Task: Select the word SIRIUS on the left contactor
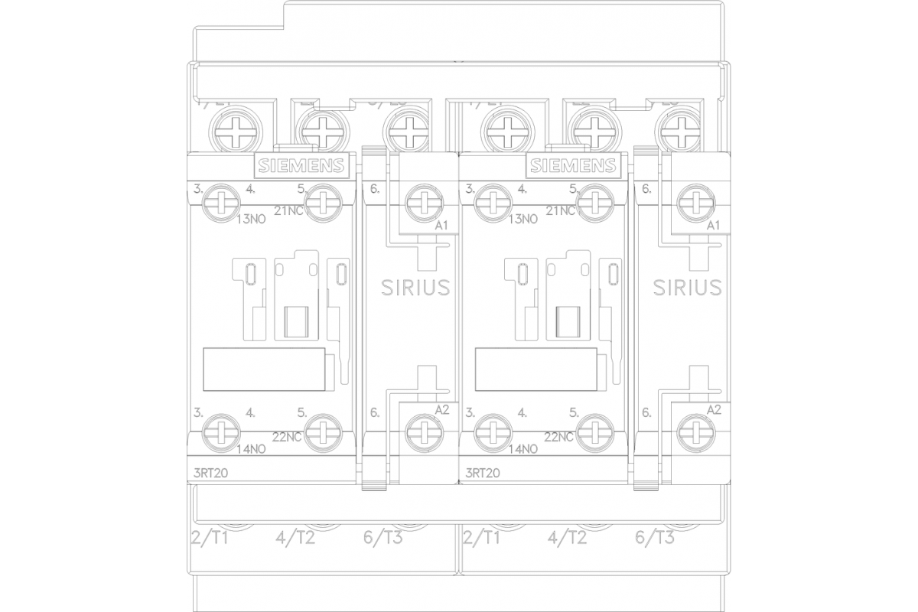click(x=415, y=287)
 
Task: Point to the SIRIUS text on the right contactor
click(x=687, y=287)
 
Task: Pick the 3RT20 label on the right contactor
click(x=482, y=473)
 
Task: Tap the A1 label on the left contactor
click(x=441, y=225)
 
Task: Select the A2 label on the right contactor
click(x=713, y=410)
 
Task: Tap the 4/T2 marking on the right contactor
click(x=567, y=538)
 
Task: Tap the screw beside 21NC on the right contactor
click(x=593, y=202)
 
